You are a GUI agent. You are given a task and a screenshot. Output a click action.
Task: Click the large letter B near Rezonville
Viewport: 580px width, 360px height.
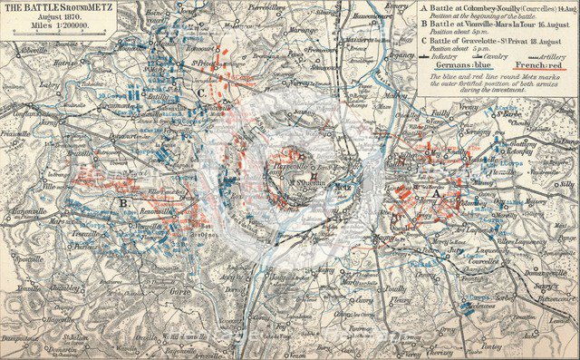(121, 203)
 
